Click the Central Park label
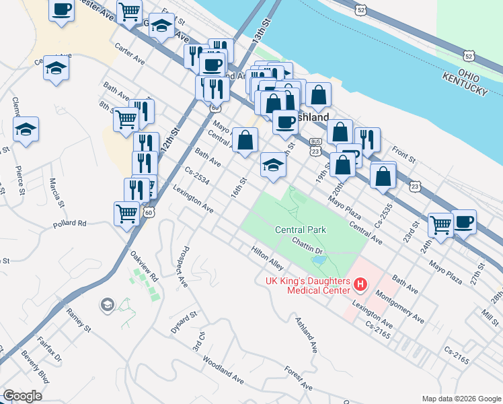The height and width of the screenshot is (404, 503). (300, 230)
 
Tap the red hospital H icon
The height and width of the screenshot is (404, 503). (360, 285)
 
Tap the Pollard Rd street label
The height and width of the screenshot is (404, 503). (72, 223)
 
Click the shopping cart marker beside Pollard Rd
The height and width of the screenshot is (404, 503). (126, 213)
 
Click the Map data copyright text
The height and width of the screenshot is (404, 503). (461, 398)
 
